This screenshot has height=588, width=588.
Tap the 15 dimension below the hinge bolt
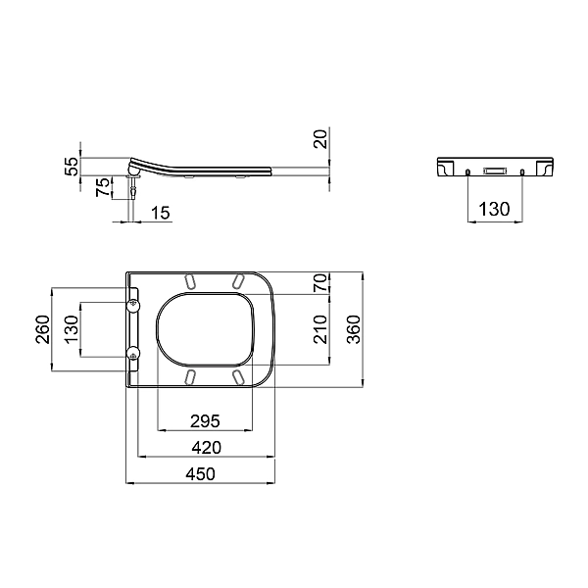click(161, 213)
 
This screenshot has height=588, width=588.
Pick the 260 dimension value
click(42, 329)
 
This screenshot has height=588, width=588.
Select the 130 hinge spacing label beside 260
click(72, 329)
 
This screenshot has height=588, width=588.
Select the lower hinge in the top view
click(134, 353)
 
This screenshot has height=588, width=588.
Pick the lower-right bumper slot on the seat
click(238, 376)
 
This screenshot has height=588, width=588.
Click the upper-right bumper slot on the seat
click(238, 281)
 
